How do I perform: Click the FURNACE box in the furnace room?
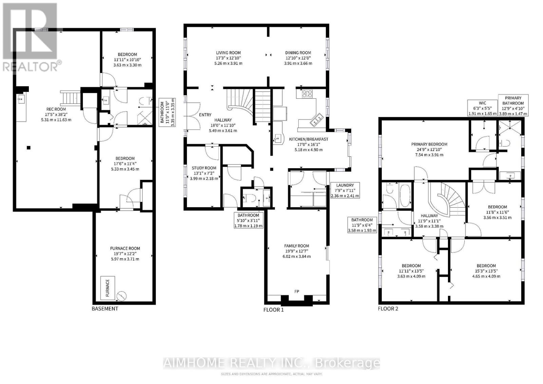(108, 288)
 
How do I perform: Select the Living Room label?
(228, 53)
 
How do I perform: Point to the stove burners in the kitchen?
(307, 93)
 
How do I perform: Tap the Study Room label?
(204, 168)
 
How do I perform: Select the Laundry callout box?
(345, 191)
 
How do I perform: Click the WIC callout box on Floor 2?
(482, 108)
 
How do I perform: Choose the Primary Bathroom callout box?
(513, 105)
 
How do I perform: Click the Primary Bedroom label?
(429, 144)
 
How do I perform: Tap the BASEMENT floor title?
(105, 309)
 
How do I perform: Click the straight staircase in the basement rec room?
(71, 98)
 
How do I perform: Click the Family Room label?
(297, 246)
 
